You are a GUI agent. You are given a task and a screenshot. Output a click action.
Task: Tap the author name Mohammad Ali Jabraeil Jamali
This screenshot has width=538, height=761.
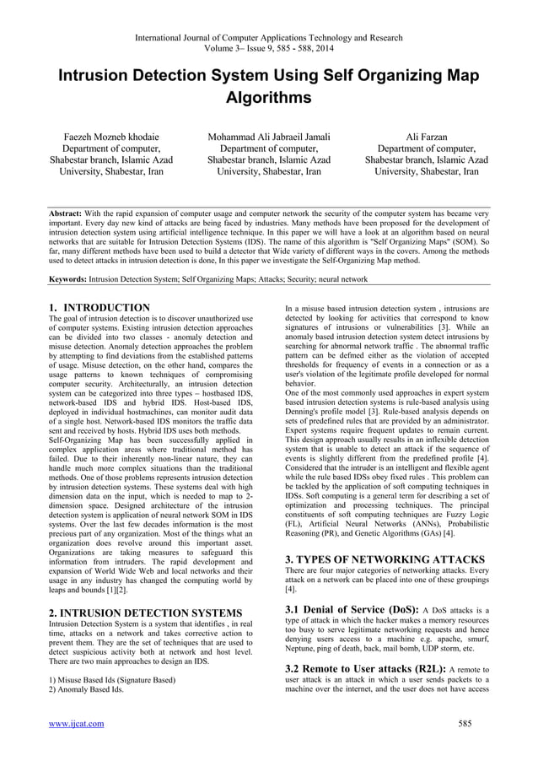point(269,136)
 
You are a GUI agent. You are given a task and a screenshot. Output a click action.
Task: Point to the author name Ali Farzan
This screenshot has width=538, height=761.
point(426,136)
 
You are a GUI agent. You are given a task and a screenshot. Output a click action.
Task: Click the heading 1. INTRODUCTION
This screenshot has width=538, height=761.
point(100,307)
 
